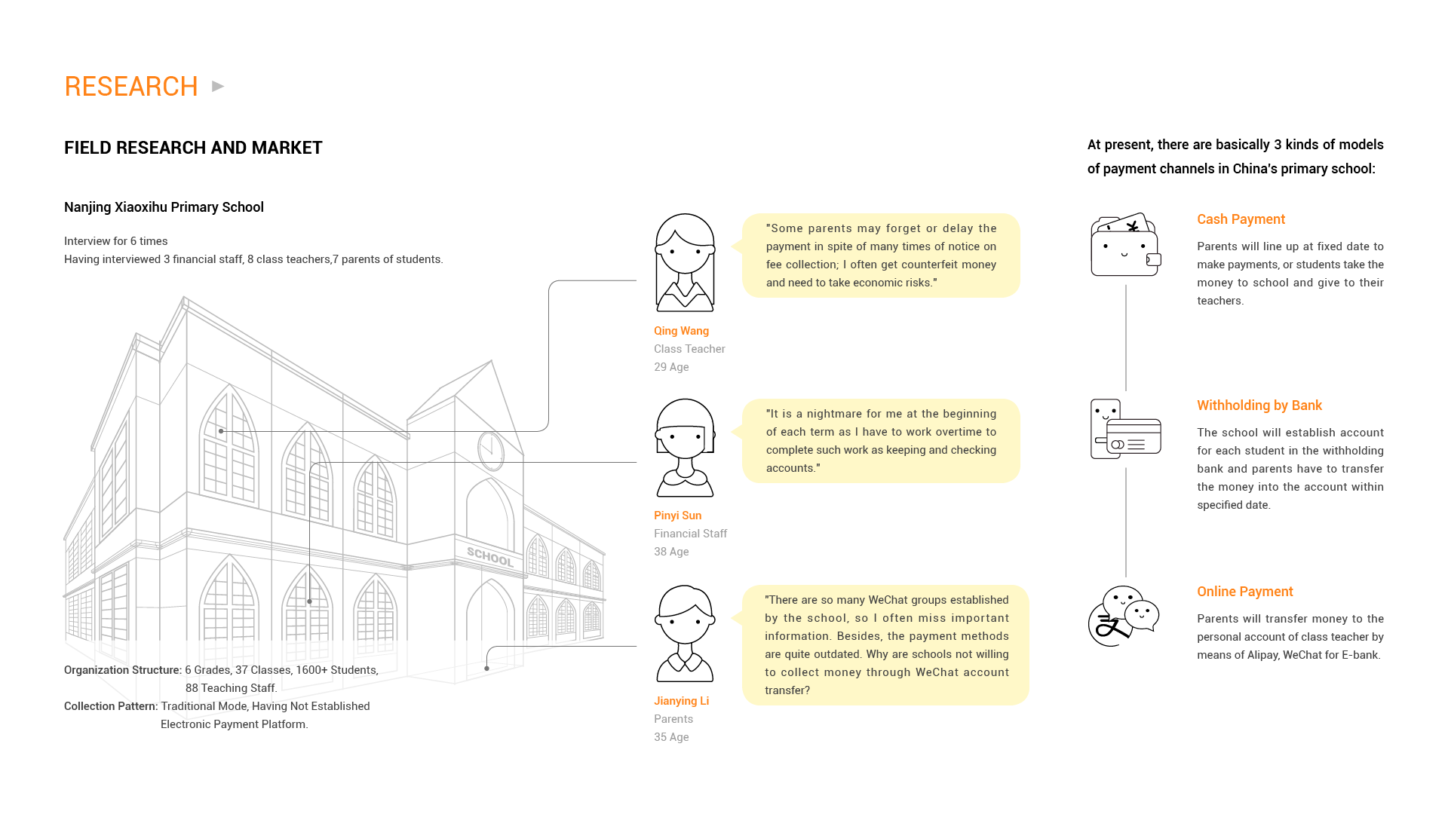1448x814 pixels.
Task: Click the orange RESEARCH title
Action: [130, 87]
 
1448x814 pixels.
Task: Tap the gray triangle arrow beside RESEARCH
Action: [218, 87]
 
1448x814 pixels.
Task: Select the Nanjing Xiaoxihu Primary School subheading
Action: [164, 207]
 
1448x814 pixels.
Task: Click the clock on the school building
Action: [490, 450]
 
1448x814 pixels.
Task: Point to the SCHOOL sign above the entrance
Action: [489, 557]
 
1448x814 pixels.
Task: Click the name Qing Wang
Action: [681, 331]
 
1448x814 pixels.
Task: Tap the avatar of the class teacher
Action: [684, 263]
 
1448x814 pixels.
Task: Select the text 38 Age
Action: [671, 552]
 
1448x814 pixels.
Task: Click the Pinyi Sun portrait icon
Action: [684, 448]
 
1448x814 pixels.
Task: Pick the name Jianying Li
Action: [681, 701]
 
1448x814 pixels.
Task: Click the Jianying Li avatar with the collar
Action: [684, 634]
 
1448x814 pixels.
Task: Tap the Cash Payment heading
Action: [1241, 219]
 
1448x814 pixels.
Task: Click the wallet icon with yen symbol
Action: [1124, 245]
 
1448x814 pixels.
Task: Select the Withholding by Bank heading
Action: [1259, 405]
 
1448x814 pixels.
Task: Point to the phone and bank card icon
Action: [1124, 430]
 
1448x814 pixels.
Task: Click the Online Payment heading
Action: [1244, 592]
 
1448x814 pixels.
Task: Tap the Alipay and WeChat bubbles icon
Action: [1123, 617]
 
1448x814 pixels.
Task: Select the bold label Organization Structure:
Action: [123, 670]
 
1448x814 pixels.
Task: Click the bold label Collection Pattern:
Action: [111, 706]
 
